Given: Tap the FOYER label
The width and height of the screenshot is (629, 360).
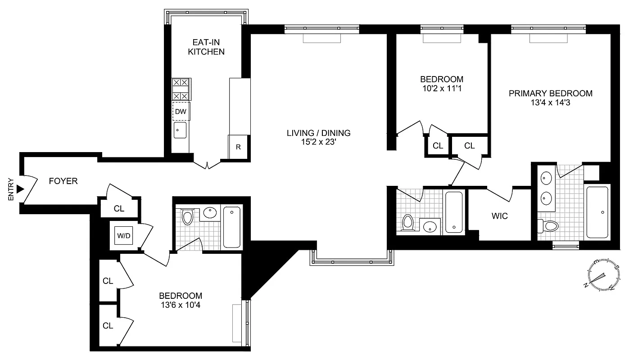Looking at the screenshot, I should (63, 181).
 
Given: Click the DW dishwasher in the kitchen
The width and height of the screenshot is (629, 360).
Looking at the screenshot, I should (181, 111).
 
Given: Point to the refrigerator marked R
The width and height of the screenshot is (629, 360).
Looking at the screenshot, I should (238, 147).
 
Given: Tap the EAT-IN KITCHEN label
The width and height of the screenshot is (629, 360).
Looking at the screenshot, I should (206, 47).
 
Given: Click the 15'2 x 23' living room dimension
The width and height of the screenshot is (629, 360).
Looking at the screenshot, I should (318, 143).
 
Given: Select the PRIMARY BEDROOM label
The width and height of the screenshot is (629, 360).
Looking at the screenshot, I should (550, 94).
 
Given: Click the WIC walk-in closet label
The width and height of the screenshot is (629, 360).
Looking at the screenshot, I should (500, 216).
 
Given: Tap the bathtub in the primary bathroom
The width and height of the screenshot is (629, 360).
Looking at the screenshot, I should (597, 211).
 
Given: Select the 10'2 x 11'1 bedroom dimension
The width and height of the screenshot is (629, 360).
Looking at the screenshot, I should (441, 89).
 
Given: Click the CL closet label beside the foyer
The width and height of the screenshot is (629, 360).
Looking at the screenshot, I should (119, 208).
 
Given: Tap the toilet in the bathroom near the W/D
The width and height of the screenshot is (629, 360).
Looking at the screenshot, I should (187, 216).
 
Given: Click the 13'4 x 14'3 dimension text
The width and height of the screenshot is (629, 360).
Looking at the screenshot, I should (550, 103).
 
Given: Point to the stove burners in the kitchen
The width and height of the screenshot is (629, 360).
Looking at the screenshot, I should (181, 89).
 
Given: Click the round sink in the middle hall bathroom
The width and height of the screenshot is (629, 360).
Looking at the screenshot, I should (430, 227).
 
